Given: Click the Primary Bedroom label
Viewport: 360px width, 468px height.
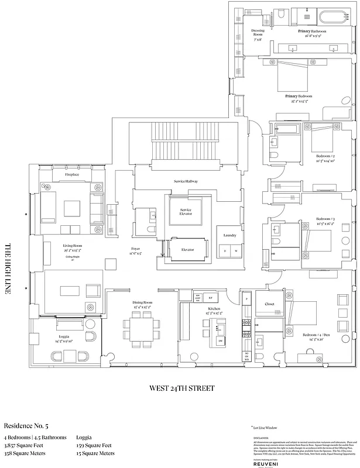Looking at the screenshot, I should coord(299,96).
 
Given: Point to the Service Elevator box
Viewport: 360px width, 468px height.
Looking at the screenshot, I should coord(186,212).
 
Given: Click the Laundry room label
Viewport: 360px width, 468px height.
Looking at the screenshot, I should coord(229,235).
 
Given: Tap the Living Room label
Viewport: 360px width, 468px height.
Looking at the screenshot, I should coord(71,246).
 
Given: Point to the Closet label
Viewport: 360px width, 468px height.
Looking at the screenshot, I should coord(269,304).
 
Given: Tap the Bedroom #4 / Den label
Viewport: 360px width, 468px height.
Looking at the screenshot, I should coord(314,335).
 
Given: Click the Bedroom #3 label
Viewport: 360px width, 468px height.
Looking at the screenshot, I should coord(325,218).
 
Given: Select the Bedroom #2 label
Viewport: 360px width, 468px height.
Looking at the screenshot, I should coord(325,157).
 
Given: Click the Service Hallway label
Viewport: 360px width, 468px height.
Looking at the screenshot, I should coord(186,181).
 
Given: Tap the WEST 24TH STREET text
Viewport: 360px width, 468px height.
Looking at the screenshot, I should coord(181,388).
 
